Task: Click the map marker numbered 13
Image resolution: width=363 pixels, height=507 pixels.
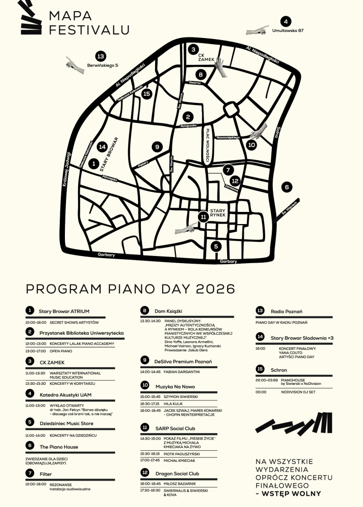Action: pos(100,56)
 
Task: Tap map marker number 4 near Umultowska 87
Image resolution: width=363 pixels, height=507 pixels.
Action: pos(286,22)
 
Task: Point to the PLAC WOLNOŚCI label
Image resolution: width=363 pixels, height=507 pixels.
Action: pos(208,147)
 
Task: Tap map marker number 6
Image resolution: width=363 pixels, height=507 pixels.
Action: pos(286,187)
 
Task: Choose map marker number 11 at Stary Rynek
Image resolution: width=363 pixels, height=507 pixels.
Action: pos(203,218)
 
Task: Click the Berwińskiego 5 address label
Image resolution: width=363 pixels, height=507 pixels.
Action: pos(102,65)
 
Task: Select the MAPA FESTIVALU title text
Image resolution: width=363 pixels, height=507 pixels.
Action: pos(89,23)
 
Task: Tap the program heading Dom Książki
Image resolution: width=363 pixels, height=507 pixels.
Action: pos(168,310)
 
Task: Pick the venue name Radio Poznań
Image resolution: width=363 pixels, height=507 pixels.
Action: pos(286,310)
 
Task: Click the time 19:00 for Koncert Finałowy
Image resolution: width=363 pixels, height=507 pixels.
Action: pos(260,349)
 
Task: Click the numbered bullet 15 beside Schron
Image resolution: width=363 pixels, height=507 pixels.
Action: pos(260,369)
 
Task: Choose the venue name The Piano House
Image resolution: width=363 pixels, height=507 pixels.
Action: pos(59,447)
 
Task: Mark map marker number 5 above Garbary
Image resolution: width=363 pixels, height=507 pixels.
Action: pos(216,246)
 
